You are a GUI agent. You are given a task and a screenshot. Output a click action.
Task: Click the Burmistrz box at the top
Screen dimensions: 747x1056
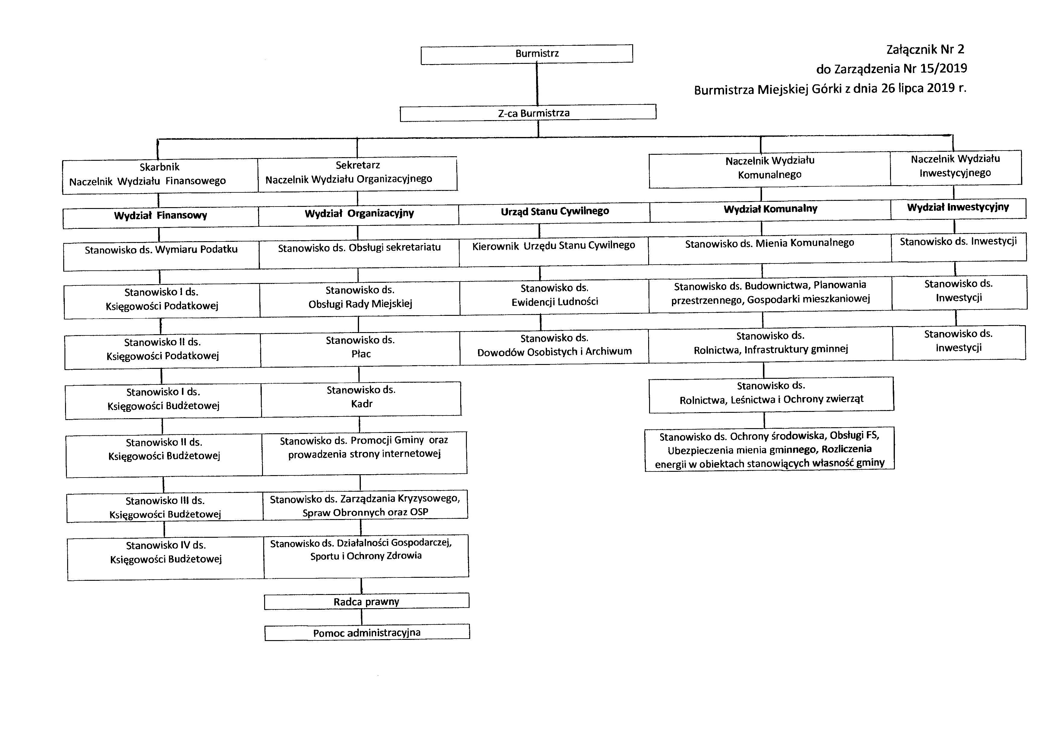526,53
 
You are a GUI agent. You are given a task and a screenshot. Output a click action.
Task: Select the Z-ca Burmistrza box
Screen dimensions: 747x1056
528,113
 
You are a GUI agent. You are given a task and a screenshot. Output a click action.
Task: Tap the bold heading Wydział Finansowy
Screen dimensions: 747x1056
161,216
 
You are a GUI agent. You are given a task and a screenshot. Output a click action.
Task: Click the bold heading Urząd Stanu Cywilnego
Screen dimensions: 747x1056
555,212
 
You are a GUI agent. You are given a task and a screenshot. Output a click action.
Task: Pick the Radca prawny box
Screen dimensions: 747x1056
366,602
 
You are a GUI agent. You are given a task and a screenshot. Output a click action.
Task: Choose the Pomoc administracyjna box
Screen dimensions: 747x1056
367,633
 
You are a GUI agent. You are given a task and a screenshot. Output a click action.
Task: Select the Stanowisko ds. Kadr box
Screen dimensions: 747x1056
361,397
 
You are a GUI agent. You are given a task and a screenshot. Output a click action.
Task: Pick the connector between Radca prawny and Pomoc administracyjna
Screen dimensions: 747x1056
362,617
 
